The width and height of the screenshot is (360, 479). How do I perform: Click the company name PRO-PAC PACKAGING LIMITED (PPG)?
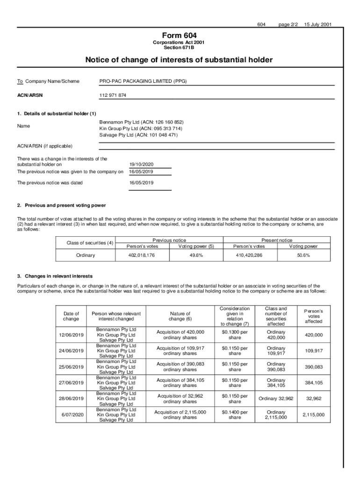143,81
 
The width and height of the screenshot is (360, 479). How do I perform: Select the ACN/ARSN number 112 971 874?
113,95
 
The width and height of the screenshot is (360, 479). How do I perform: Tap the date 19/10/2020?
142,165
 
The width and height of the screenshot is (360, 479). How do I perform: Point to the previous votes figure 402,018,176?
142,255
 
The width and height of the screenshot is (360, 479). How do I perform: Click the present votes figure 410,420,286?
249,255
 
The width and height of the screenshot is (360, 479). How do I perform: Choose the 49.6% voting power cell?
196,255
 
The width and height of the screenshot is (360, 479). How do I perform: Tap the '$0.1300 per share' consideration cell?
235,335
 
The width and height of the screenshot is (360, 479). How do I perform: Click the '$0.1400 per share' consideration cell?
235,415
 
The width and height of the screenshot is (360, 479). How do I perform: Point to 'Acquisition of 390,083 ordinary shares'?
180,367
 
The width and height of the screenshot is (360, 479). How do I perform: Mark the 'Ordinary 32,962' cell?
276,399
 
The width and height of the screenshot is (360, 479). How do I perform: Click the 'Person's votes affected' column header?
313,316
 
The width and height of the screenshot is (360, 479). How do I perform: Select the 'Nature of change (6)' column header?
180,316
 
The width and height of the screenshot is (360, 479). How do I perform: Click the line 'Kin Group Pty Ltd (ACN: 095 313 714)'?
141,128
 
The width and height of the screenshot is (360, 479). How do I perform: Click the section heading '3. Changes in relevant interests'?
55,276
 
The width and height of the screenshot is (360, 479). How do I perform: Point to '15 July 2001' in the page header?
318,24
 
